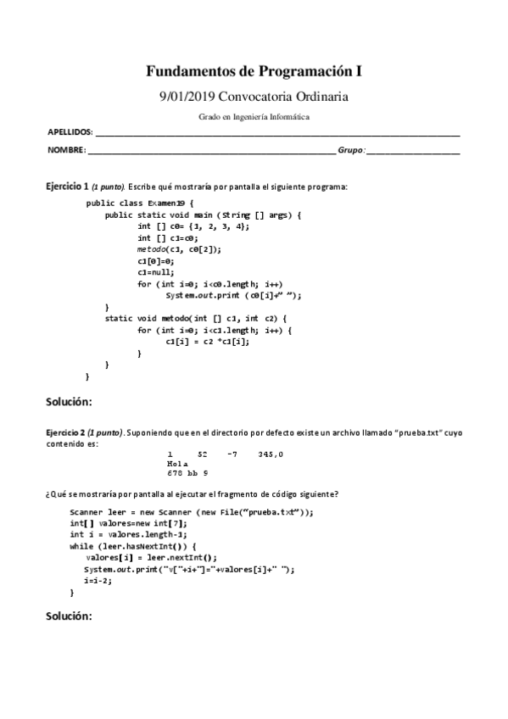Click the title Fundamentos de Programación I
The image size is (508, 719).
tap(254, 72)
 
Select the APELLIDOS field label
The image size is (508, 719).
tap(70, 134)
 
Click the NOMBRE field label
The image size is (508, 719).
tap(65, 150)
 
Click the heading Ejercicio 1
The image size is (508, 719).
tap(67, 185)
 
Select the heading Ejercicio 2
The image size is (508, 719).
tap(67, 432)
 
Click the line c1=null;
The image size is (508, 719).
tap(155, 272)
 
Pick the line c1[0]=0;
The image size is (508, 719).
tap(155, 261)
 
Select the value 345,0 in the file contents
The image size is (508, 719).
tap(271, 454)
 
